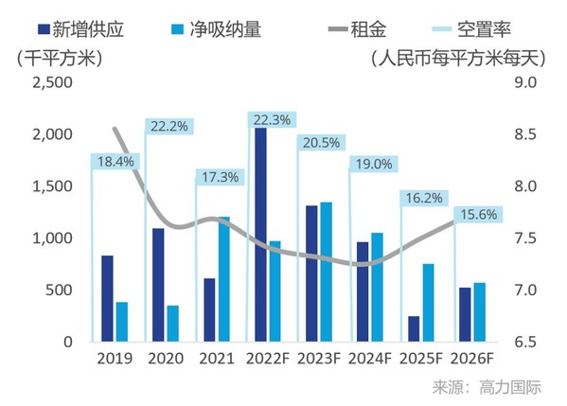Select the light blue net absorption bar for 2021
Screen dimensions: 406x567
(223, 279)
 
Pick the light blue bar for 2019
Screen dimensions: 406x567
(122, 322)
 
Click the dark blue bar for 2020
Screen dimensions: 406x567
(158, 285)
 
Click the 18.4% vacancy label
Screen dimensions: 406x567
(115, 162)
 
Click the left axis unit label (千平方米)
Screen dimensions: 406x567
(59, 57)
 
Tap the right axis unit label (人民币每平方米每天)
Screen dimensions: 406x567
(456, 57)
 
